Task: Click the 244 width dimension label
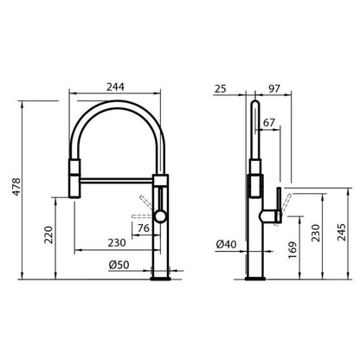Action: (115, 87)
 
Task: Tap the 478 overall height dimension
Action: (16, 187)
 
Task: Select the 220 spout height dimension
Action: (49, 235)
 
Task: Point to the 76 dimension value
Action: (144, 228)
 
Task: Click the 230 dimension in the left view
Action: (117, 243)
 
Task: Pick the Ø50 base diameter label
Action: (119, 265)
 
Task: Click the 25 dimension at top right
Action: (221, 89)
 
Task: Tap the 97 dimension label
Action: (273, 89)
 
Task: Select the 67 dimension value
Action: (269, 123)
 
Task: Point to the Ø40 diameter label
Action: (226, 245)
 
